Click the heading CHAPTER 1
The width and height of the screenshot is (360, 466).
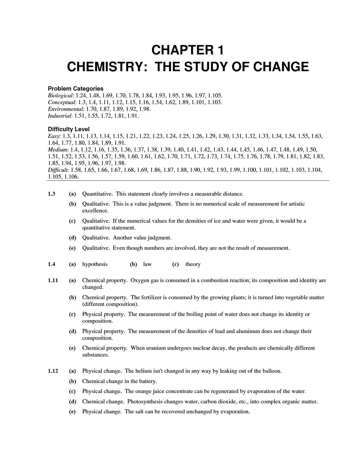(x=188, y=50)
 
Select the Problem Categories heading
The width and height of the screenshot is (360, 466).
(x=76, y=89)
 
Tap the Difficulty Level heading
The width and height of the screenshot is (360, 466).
(x=69, y=129)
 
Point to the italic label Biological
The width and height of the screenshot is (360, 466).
(x=60, y=96)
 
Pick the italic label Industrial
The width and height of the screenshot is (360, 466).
(x=59, y=116)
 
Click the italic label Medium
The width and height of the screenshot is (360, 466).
(x=57, y=150)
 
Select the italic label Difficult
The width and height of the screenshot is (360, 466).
(x=58, y=170)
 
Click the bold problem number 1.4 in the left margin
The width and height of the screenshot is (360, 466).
(x=51, y=264)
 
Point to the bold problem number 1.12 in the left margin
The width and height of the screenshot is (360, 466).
(x=53, y=371)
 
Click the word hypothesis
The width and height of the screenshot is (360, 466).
(x=95, y=264)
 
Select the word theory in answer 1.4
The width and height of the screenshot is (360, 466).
(x=193, y=264)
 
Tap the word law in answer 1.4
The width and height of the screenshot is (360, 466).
(x=147, y=264)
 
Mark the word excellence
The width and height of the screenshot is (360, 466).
(x=95, y=211)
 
